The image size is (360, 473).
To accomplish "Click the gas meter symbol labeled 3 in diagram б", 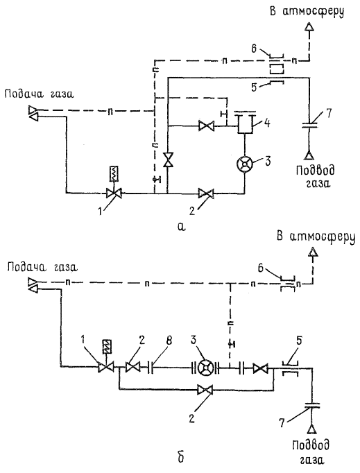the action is (207, 368).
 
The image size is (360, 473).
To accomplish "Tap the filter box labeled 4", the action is (245, 123).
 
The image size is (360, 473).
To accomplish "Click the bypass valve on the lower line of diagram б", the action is (205, 390).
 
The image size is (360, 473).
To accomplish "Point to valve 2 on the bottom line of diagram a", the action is (206, 193).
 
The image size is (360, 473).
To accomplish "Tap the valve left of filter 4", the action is (207, 126).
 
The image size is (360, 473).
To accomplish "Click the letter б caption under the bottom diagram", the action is (181, 457).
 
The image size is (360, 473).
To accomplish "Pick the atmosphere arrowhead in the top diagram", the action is (309, 28).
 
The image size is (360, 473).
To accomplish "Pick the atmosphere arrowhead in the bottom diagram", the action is (314, 252).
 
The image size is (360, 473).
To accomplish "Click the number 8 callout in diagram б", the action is (169, 341).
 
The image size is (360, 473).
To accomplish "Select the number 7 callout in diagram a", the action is (328, 114).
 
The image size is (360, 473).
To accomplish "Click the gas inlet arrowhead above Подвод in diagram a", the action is (309, 155).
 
